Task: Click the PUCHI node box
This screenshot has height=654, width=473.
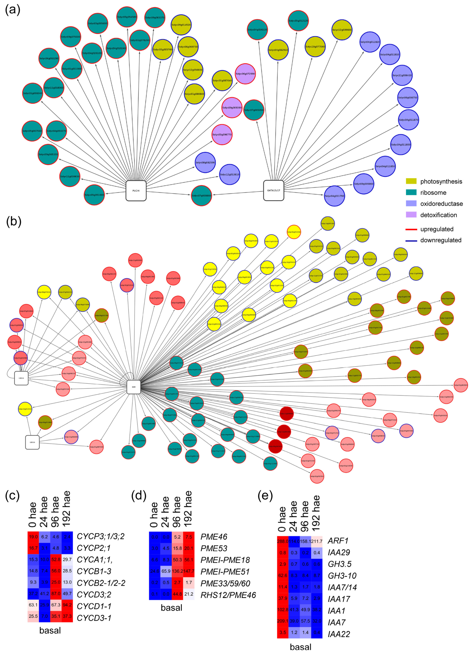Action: (x=136, y=191)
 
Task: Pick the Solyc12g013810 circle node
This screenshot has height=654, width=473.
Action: (x=229, y=174)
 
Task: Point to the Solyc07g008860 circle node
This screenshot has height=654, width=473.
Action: (x=201, y=195)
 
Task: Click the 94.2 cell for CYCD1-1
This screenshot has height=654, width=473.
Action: (x=67, y=606)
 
